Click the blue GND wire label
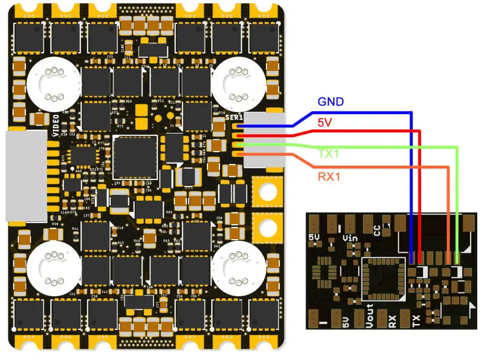click(x=330, y=102)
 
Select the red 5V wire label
click(x=325, y=121)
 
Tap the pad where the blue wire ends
click(x=411, y=258)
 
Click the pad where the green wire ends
click(x=457, y=258)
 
